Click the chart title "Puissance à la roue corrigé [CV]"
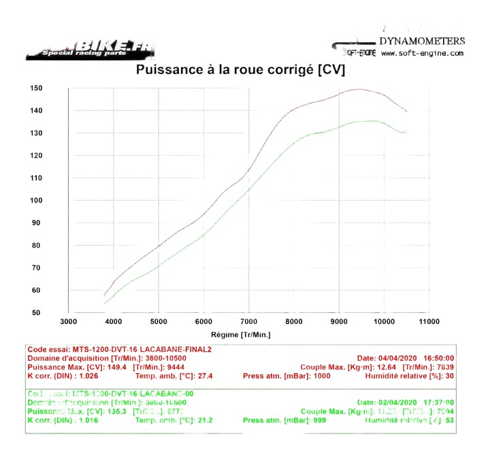pos(241,69)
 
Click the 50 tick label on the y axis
pos(38,312)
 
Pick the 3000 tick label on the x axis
pos(69,321)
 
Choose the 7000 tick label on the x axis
pos(248,321)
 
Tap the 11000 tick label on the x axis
pos(429,321)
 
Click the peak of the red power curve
pos(359,89)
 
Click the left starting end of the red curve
pos(104,295)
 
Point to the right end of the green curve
pos(406,132)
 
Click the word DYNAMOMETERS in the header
pos(422,42)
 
